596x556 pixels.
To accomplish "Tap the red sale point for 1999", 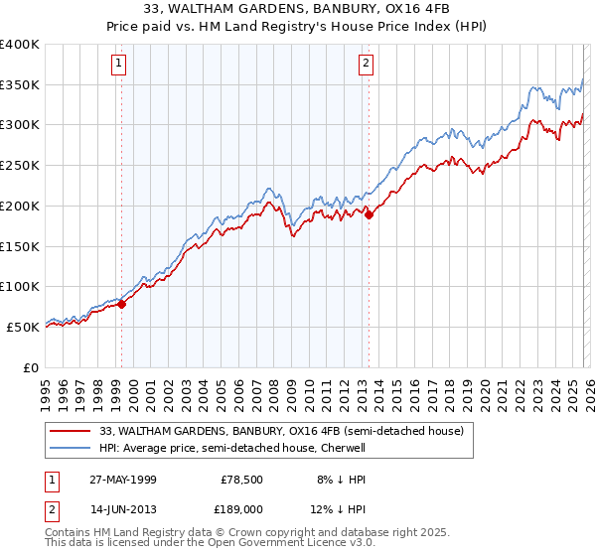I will [122, 304].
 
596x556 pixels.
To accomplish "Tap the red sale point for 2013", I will [369, 213].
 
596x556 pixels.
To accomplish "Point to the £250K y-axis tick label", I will [20, 165].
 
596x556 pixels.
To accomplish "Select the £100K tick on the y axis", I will [20, 286].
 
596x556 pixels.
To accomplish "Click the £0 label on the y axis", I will [31, 367].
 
